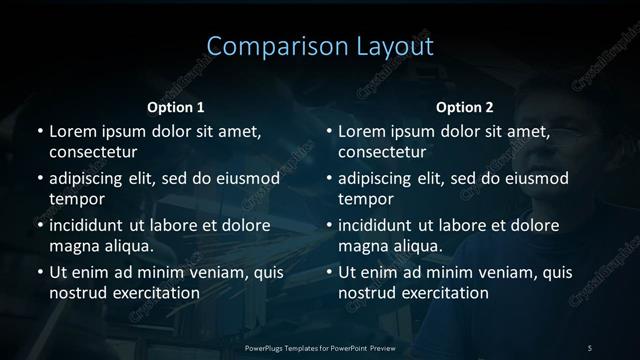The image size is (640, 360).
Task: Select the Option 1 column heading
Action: [176, 107]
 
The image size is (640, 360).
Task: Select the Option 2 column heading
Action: [465, 107]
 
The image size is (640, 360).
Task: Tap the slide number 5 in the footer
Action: [590, 347]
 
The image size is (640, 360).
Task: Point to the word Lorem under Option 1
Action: [72, 131]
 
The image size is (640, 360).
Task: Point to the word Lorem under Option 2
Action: [362, 131]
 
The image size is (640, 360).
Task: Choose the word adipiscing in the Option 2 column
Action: [380, 178]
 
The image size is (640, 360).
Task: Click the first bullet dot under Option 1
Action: [38, 132]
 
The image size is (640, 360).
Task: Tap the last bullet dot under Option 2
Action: [328, 273]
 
